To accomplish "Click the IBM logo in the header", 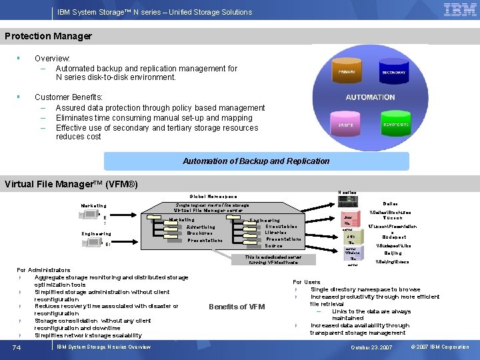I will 460,11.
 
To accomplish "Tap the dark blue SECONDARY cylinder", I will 393,72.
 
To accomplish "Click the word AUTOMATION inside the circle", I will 370,97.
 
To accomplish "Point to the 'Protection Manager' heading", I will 48,36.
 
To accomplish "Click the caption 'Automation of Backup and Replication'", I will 256,161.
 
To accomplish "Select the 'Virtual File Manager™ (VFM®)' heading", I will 71,184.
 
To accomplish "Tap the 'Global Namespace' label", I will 213,197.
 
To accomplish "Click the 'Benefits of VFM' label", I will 237,307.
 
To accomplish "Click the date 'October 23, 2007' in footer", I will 371,347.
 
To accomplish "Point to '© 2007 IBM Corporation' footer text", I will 440,347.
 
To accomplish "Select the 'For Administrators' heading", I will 43,270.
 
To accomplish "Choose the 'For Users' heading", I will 307,282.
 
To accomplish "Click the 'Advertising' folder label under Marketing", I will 201,227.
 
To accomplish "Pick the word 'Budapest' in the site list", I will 393,237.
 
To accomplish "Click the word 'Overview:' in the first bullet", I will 53,59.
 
